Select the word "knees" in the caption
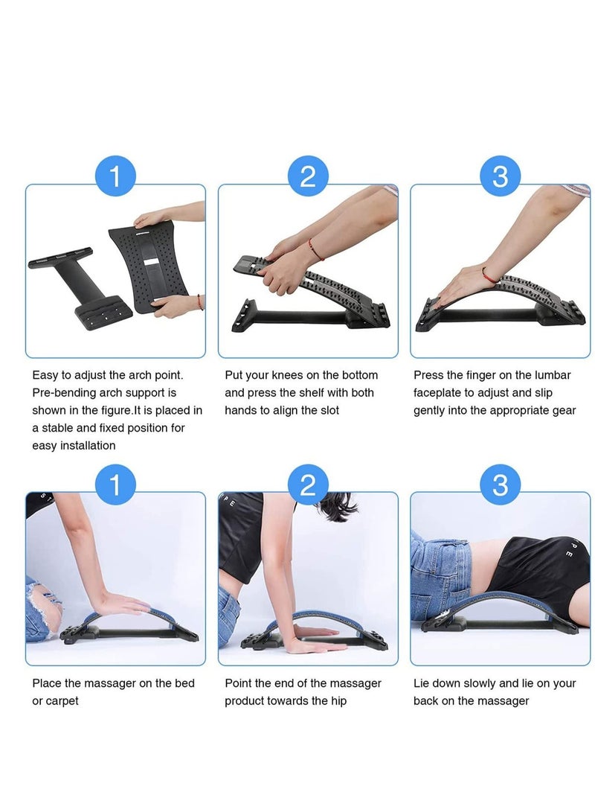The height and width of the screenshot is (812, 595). click(288, 375)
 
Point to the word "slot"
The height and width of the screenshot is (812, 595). click(329, 410)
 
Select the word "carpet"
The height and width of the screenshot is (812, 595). click(62, 701)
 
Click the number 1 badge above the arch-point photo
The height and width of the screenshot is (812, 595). click(115, 176)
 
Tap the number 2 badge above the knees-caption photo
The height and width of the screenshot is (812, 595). click(308, 176)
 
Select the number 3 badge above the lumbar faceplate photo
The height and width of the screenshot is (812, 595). click(501, 176)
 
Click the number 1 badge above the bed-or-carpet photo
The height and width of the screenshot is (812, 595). click(115, 485)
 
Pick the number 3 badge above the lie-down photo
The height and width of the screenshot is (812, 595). click(501, 485)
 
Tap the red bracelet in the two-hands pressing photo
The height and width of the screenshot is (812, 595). click(315, 249)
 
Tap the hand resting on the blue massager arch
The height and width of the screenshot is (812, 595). click(120, 604)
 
